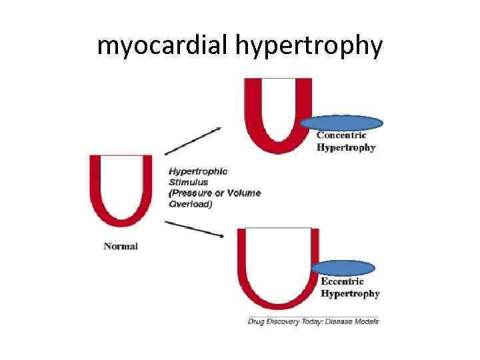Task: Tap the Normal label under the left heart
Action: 121,246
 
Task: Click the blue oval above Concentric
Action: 341,123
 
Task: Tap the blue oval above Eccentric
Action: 343,268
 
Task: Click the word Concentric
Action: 341,135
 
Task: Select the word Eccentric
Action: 343,281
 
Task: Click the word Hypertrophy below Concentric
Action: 346,147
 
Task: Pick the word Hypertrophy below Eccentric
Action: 351,293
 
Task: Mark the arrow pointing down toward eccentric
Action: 194,228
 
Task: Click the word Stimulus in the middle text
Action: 188,182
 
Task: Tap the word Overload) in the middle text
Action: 191,204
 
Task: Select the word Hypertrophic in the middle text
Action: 198,171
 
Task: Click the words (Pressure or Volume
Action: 215,193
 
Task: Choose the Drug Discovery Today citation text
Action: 287,321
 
